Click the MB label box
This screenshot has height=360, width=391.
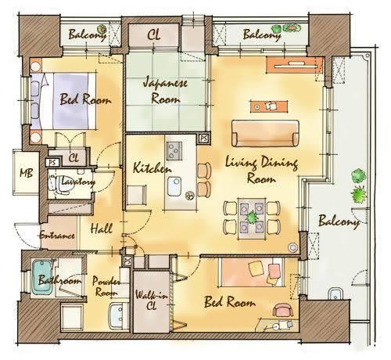click(x=26, y=172)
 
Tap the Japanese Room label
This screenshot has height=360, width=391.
click(x=165, y=90)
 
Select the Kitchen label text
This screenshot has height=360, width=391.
click(x=152, y=167)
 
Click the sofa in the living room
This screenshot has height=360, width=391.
click(x=265, y=133)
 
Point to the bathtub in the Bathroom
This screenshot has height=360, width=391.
click(x=41, y=277)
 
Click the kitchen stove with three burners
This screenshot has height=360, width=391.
click(x=174, y=151)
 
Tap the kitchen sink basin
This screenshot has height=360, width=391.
click(x=174, y=186)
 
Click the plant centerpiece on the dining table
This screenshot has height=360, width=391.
click(x=252, y=218)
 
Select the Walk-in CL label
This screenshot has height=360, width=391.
click(x=151, y=301)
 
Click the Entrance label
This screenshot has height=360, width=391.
click(x=57, y=236)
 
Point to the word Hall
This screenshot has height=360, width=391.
click(x=102, y=229)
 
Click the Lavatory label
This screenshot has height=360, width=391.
click(x=78, y=181)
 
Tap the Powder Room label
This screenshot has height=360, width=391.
click(x=106, y=286)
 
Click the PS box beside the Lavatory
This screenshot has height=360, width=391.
click(x=52, y=163)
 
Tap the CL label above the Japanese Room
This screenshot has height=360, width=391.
click(x=153, y=35)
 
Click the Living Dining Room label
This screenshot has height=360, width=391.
click(x=261, y=170)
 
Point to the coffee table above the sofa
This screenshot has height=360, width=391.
click(x=269, y=106)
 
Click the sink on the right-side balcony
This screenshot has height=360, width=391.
click(x=335, y=294)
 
